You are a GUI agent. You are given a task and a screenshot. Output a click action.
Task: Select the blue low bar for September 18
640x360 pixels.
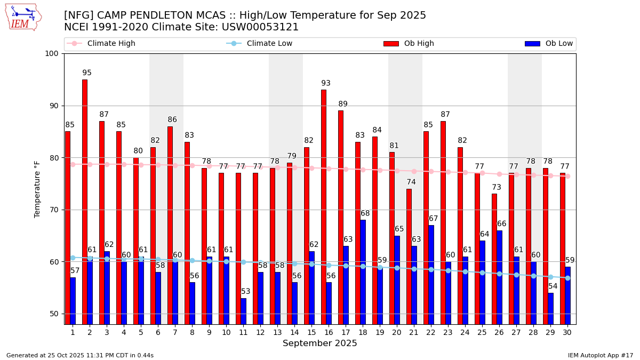(x=363, y=272)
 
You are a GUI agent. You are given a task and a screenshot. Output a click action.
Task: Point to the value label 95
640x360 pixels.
(x=87, y=73)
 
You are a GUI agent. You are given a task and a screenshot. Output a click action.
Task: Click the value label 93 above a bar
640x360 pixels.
(x=326, y=83)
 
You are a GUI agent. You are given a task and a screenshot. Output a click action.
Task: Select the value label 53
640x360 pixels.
(x=245, y=292)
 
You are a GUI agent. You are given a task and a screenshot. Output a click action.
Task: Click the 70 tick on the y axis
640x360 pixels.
(x=54, y=210)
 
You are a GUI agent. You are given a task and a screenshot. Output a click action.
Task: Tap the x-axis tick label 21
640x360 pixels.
(x=414, y=332)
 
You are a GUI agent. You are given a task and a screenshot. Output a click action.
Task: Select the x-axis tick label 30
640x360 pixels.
(x=567, y=332)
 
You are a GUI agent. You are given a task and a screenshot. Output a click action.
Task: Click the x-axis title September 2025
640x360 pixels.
(x=320, y=343)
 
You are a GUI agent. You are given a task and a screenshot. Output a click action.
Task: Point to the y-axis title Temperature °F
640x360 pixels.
(x=37, y=189)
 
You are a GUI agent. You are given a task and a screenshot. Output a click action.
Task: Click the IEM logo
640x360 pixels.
(x=23, y=17)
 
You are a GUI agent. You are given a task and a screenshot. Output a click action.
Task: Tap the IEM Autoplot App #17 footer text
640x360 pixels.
(x=601, y=355)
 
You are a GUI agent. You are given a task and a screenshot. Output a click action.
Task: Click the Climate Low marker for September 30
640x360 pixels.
(x=567, y=278)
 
